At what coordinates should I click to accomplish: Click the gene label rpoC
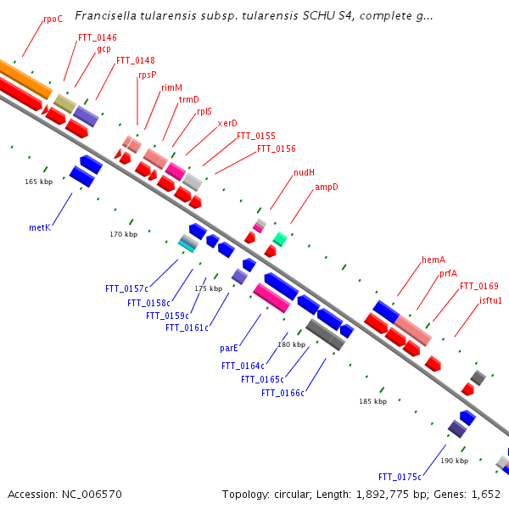53,20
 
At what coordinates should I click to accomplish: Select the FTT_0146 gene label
98,37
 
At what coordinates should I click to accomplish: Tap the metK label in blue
40,227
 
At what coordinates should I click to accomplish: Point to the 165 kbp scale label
39,182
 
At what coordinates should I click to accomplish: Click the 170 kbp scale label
123,234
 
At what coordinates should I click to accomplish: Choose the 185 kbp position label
372,401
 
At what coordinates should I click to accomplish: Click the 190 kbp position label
454,461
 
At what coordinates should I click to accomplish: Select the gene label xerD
227,123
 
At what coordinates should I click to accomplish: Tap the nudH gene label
304,172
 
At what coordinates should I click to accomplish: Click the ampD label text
327,187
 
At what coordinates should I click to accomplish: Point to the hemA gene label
433,260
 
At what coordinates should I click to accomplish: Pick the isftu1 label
490,300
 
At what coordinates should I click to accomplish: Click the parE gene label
229,349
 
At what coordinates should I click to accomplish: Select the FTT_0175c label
400,477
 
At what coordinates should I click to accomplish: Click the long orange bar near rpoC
25,79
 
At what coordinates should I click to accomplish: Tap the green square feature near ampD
280,239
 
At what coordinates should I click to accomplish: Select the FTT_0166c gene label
282,393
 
